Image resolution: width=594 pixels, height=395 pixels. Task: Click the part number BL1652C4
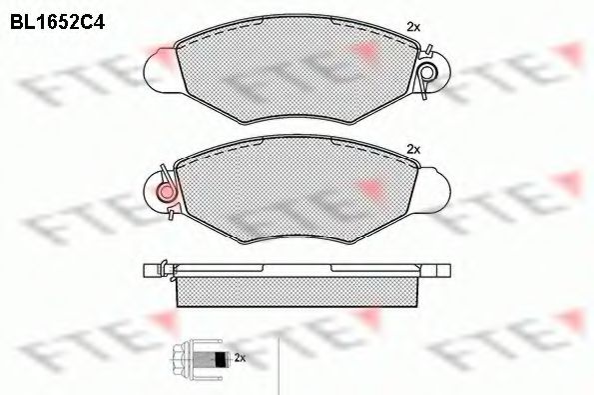(57, 22)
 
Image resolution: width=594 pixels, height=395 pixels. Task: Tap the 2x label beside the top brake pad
(413, 27)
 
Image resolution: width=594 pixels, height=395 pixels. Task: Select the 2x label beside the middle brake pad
(413, 150)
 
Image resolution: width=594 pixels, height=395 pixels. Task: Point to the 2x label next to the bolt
(241, 357)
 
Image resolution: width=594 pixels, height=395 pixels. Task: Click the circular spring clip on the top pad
(428, 72)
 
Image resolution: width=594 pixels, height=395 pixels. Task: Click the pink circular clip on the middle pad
(166, 193)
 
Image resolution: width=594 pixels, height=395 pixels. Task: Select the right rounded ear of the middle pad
(434, 189)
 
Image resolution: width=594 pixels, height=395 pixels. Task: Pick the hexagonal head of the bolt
(182, 358)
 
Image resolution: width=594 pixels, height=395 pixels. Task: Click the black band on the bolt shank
(220, 359)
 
